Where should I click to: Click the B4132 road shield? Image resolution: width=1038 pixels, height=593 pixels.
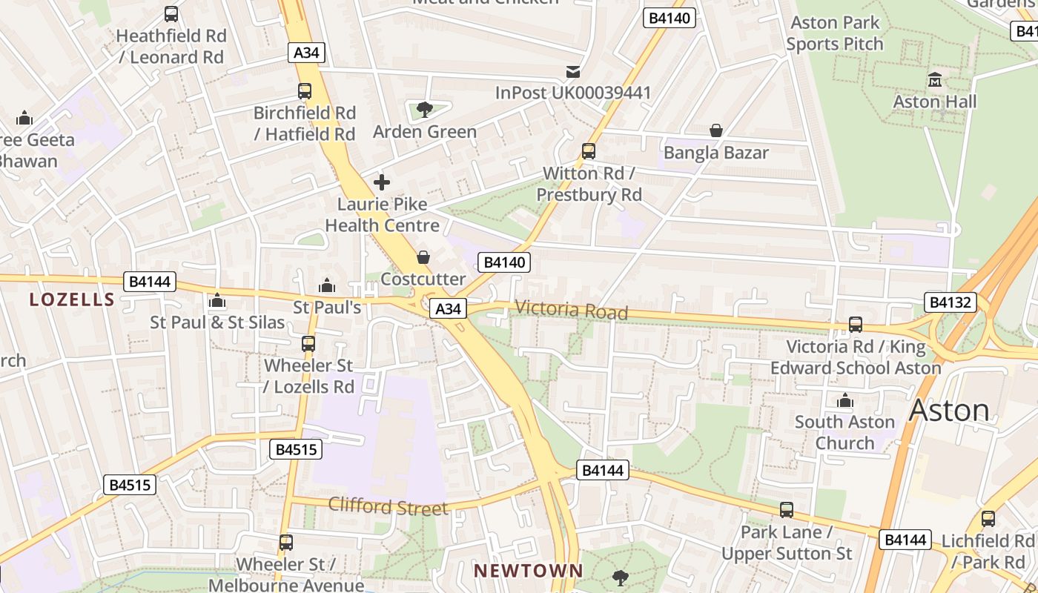[950, 302]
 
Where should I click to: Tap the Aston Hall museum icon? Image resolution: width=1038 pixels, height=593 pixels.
[935, 79]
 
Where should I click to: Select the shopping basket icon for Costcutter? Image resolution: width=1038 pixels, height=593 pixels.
[423, 257]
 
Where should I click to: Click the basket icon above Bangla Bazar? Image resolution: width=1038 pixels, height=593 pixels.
[716, 130]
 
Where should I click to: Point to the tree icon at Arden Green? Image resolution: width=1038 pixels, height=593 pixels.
[425, 110]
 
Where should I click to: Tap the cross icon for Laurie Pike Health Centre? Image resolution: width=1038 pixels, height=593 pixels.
[382, 182]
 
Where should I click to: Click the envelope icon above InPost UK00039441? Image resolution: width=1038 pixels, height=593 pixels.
[573, 71]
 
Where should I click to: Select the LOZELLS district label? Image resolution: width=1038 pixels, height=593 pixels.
[72, 299]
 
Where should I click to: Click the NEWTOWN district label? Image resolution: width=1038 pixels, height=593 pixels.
[529, 571]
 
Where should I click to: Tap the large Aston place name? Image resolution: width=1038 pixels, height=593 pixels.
[949, 410]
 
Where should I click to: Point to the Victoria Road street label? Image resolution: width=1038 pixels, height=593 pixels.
[571, 310]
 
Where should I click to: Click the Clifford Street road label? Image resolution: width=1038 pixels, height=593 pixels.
[388, 507]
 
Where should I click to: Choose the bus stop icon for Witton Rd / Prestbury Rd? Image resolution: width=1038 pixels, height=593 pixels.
[589, 151]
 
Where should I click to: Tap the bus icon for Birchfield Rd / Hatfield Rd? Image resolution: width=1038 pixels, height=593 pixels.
[305, 91]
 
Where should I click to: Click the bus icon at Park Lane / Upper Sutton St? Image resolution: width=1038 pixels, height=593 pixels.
[787, 510]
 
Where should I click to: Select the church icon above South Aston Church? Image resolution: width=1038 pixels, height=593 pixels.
[845, 400]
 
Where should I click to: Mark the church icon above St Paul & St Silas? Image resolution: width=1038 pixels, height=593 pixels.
[217, 300]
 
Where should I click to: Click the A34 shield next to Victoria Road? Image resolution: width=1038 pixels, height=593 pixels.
[448, 309]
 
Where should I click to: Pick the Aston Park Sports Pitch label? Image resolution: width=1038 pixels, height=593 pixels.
[835, 33]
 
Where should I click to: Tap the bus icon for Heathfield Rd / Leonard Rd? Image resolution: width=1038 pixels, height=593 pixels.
[171, 13]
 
